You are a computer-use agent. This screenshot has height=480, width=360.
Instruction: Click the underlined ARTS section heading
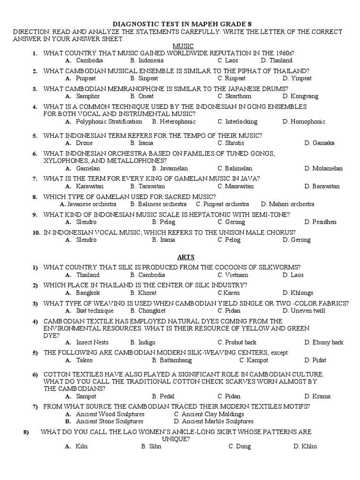[186, 257]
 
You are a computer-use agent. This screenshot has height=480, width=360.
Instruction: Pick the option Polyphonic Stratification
[109, 121]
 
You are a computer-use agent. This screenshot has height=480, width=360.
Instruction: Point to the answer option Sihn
[155, 446]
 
